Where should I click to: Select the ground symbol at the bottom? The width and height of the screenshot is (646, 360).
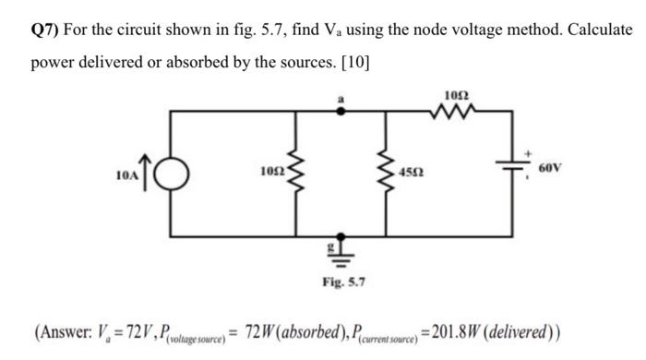point(340,250)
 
